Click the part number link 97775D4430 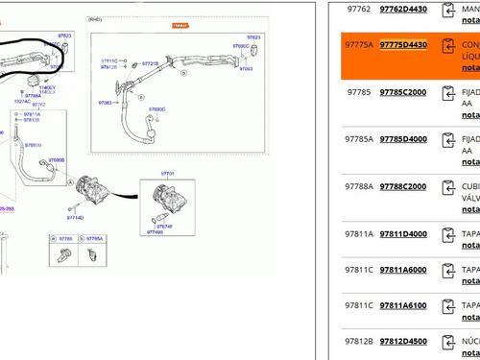click(x=403, y=45)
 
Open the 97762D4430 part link click(x=403, y=9)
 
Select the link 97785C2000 click(x=403, y=92)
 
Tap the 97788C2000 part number click(x=403, y=186)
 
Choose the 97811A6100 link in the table click(x=403, y=306)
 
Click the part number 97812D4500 click(x=403, y=341)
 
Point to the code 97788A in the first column click(x=360, y=186)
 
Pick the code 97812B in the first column click(x=360, y=341)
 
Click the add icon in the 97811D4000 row click(x=447, y=234)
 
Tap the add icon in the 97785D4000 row click(x=447, y=140)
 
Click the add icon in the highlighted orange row click(x=447, y=46)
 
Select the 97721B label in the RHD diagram click(x=151, y=63)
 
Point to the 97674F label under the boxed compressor click(x=165, y=226)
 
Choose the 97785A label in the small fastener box click(x=93, y=238)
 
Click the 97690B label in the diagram click(x=57, y=160)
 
